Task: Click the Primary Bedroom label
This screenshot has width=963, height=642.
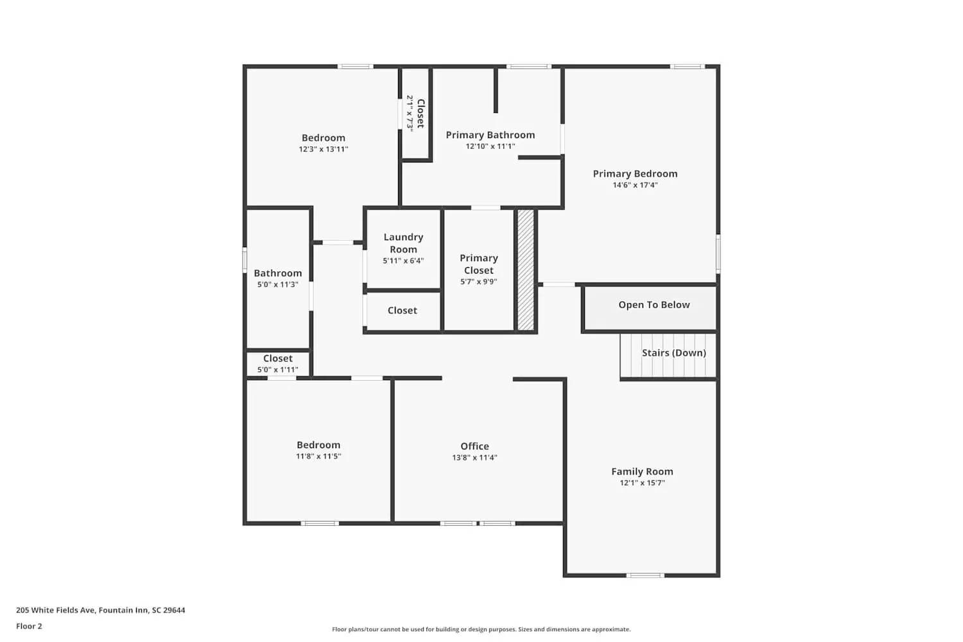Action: (635, 173)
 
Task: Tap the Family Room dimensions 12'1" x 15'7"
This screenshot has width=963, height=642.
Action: (642, 483)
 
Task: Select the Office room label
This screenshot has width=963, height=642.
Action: (474, 446)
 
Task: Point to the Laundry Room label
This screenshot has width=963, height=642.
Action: (403, 243)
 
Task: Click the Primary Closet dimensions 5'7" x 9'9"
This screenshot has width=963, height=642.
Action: (478, 282)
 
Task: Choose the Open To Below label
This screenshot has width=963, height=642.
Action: (654, 305)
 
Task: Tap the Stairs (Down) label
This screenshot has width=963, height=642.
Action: (673, 352)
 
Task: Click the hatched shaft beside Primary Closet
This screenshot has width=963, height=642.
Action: (526, 270)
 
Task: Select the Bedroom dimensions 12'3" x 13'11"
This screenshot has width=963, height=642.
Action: (323, 149)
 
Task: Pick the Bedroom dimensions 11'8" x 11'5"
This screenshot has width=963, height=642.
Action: (318, 456)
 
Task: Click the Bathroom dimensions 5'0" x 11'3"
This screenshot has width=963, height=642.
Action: (277, 284)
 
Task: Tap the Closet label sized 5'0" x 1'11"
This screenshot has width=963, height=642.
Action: (277, 358)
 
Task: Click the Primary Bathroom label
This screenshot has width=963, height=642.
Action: (490, 135)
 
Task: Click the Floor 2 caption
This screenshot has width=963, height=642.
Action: (29, 626)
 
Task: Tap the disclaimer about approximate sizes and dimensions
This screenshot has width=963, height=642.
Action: (481, 629)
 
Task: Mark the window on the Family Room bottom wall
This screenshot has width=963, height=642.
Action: (645, 575)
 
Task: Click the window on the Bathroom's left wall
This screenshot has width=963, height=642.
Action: (245, 260)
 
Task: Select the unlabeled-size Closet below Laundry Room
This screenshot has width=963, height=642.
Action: (402, 311)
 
